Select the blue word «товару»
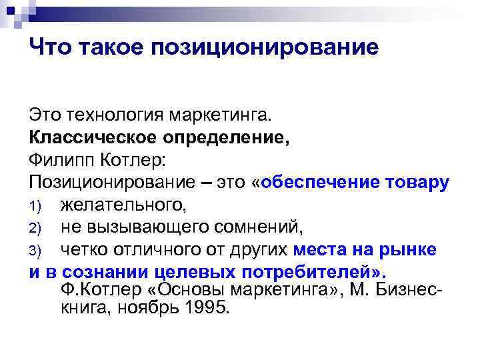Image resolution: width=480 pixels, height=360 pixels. pos(417,183)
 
